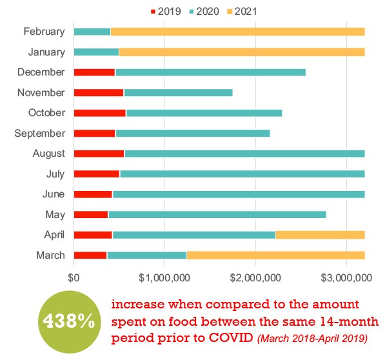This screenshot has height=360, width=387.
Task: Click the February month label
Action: click(44, 31)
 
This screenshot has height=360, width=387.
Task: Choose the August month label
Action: click(49, 154)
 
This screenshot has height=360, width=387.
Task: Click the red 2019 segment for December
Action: click(94, 72)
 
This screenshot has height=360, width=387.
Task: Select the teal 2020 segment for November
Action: click(178, 92)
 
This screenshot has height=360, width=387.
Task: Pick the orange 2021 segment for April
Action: click(320, 235)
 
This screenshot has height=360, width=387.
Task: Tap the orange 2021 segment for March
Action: click(275, 255)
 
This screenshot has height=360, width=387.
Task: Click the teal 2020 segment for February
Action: click(92, 31)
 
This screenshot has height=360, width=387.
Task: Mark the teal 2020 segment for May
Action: click(217, 214)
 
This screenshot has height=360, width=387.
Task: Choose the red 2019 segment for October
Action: click(99, 113)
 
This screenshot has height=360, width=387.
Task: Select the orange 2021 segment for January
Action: click(242, 52)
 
